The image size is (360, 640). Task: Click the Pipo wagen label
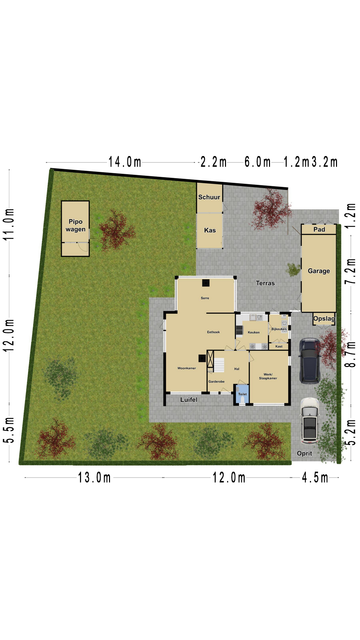coord(75,225)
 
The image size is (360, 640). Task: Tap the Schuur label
coord(209,197)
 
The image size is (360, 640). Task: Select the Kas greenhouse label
coord(210,230)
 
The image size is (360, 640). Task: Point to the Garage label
coord(319,271)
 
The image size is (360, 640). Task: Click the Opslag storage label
coord(324,319)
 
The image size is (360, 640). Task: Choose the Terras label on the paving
coord(265,283)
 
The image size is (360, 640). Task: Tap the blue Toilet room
coord(242,394)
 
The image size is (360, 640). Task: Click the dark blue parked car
coord(310,361)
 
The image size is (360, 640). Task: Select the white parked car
coord(310,421)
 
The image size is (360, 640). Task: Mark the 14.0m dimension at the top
coord(125,162)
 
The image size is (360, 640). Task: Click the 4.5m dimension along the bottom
coord(315,478)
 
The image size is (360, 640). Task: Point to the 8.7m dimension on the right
coord(350,354)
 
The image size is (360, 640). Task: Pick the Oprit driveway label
coord(304,453)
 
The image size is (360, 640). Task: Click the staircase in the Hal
coord(219,365)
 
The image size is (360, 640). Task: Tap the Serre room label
coord(205,298)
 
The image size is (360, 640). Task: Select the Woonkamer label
coord(187,368)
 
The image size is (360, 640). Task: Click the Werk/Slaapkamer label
coord(268,376)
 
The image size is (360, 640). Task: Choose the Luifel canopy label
coord(189,400)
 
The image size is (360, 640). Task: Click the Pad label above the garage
coord(319,229)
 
